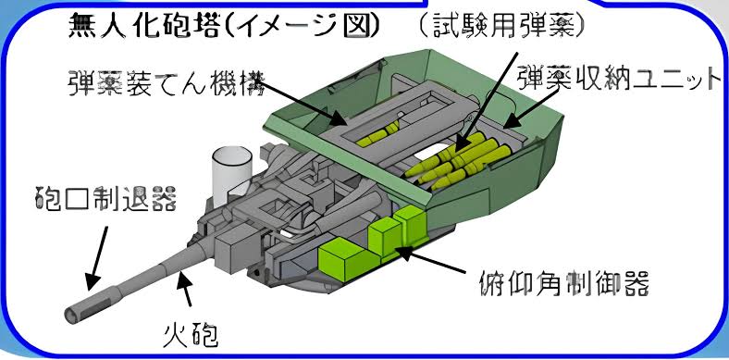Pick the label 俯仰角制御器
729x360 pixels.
[563, 281]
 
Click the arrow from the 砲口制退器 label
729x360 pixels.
[96, 258]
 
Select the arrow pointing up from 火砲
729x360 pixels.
[185, 290]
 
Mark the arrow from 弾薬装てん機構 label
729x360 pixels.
[304, 104]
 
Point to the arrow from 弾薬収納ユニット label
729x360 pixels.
[531, 108]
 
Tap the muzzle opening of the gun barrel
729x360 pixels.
[69, 317]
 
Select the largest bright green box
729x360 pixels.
[341, 258]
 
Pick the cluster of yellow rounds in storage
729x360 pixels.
[458, 161]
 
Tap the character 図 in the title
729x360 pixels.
[358, 27]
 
